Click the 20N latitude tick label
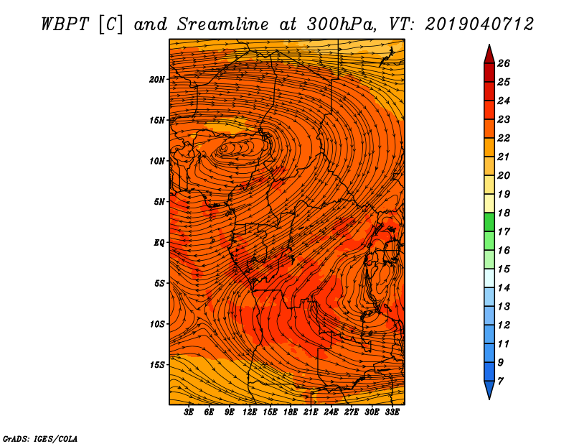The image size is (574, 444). click(x=157, y=80)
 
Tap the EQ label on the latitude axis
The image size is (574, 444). click(x=159, y=243)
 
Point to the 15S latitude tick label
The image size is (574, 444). click(x=157, y=365)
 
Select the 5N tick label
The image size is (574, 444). click(x=159, y=202)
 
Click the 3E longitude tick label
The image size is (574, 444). click(x=189, y=412)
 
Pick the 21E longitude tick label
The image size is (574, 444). click(x=311, y=412)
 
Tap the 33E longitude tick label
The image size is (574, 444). click(x=392, y=412)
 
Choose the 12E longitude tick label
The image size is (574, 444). click(x=250, y=412)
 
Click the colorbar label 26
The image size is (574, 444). click(x=504, y=63)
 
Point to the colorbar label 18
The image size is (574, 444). click(x=504, y=213)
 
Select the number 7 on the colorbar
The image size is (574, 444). click(x=500, y=381)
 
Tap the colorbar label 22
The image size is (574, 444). click(x=504, y=138)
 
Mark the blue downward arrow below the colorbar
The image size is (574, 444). click(x=489, y=389)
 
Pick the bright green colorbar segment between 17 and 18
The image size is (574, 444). click(x=489, y=222)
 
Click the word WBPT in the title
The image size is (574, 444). click(x=65, y=24)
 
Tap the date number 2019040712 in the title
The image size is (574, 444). click(x=479, y=24)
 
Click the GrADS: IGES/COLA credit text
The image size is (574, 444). click(x=40, y=439)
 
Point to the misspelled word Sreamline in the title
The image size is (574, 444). click(x=223, y=24)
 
